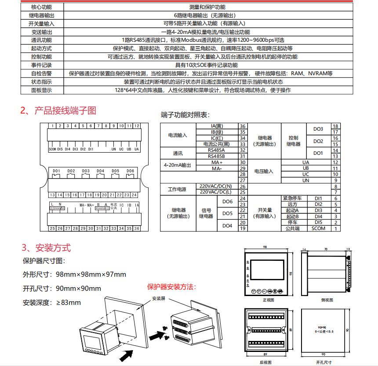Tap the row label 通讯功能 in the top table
click(41, 40)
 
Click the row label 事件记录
click(41, 65)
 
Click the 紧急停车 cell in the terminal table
click(293, 198)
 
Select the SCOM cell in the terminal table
click(318, 228)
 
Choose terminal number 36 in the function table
click(242, 126)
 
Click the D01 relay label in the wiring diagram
click(56, 171)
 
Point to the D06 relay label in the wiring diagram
click(130, 171)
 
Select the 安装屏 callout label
click(159, 298)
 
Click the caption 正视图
click(268, 300)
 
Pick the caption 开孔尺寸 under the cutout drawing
click(324, 362)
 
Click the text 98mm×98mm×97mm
click(91, 274)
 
